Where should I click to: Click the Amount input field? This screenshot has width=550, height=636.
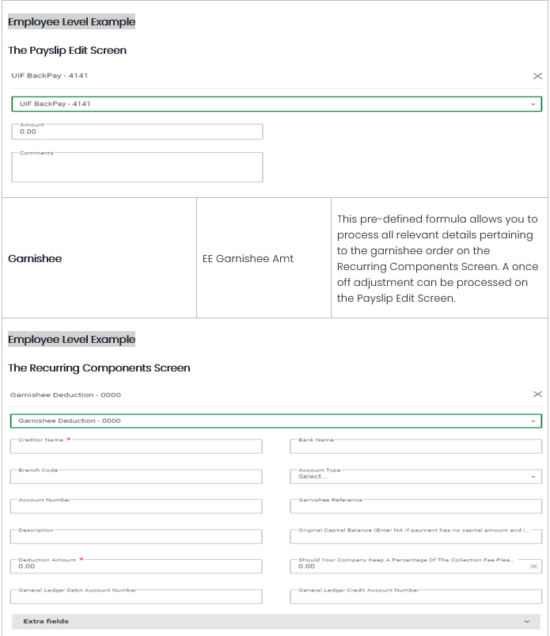click(136, 131)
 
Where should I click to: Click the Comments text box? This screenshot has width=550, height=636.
click(136, 167)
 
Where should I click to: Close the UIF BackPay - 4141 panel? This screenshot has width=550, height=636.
click(537, 76)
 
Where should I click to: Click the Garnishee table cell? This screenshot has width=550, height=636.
click(99, 258)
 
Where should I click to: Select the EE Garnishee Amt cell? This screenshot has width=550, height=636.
click(264, 258)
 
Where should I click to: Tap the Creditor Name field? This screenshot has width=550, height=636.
click(136, 447)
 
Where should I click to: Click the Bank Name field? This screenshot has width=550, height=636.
click(415, 447)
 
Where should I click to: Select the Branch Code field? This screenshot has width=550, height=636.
click(136, 477)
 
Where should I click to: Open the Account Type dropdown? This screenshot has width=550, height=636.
click(415, 477)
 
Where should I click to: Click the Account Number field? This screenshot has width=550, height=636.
click(136, 507)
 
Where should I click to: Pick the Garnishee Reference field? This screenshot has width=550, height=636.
click(415, 507)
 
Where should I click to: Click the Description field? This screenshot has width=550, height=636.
click(136, 537)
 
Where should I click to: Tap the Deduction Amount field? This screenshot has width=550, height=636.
click(136, 566)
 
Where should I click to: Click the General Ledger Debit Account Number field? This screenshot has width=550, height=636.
click(136, 596)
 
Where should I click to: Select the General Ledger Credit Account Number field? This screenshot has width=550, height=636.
click(415, 596)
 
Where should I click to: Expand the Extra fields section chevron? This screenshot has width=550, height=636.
click(527, 622)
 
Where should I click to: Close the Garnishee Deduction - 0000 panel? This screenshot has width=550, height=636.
click(537, 394)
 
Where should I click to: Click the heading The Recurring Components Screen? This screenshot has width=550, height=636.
click(99, 368)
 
